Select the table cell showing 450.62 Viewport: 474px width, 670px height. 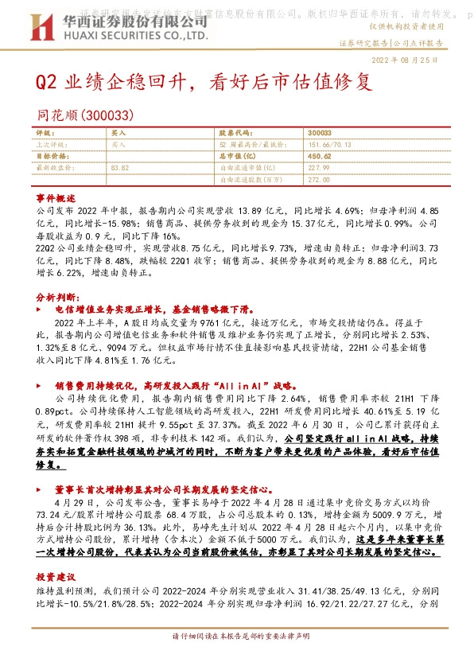point(319,157)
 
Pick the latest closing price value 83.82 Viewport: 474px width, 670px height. point(120,168)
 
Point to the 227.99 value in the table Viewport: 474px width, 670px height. point(318,168)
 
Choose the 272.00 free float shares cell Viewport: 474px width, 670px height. point(318,180)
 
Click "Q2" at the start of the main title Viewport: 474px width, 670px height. point(48,83)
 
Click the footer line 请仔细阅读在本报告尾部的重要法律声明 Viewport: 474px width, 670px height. point(237,637)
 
